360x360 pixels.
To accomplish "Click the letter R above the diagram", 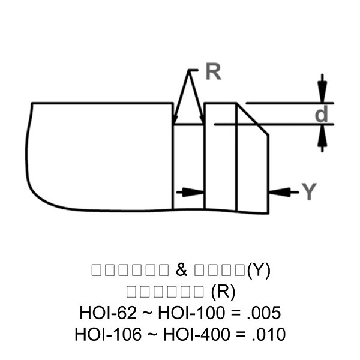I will [212, 72].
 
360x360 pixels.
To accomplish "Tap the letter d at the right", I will [322, 114].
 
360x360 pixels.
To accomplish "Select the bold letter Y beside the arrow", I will [308, 192].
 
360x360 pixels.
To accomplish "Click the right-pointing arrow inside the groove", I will [193, 192].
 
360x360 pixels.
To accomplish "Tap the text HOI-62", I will [107, 313].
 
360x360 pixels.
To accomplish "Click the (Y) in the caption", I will [259, 270].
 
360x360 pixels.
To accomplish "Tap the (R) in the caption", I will [223, 292].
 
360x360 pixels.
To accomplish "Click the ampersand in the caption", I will [182, 270].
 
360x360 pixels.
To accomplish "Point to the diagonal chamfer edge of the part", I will [253, 119].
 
